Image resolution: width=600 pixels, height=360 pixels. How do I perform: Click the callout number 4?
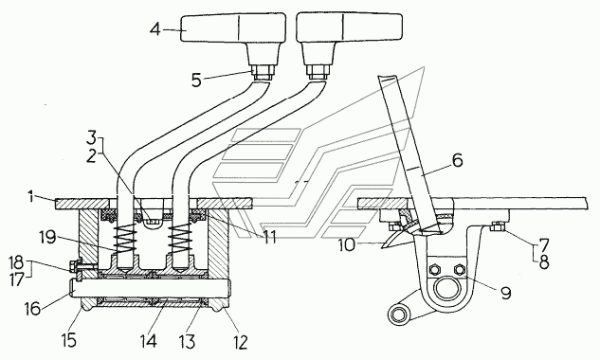coord(155,29)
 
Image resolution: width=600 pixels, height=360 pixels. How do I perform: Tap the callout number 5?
coord(197,81)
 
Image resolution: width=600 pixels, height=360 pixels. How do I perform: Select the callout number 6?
coord(457,160)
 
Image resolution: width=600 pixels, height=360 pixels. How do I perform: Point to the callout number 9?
coord(506,293)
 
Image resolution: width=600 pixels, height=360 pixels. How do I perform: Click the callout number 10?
coord(348,245)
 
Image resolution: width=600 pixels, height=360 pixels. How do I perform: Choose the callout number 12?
coord(240,342)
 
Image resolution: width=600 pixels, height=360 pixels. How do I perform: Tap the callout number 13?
coord(188,341)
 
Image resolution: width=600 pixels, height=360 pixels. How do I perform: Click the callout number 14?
coord(149,341)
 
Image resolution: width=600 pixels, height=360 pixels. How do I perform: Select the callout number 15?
coord(69,340)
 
